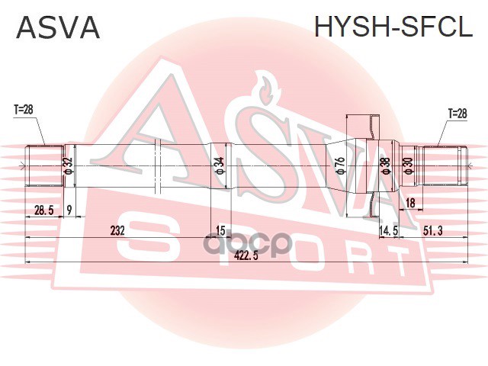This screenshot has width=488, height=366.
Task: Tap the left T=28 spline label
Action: point(24,110)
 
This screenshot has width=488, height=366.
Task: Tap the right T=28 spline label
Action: point(456,113)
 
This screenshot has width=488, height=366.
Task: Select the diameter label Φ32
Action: point(68,164)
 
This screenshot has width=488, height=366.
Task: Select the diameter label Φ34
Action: point(220,164)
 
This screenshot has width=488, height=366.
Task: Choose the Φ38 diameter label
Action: point(386,165)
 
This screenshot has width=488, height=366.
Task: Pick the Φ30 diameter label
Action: point(409,165)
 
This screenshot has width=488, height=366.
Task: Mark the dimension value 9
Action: point(69,210)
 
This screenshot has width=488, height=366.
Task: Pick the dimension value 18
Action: point(410,202)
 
